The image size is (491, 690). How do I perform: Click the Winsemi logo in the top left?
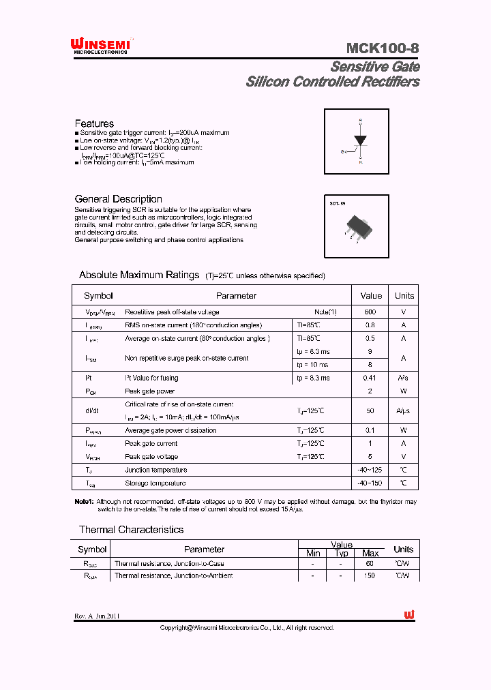click(101, 46)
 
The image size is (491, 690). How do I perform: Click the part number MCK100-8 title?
click(382, 48)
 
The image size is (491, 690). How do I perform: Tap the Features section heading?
click(94, 123)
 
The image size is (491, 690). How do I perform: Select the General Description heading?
click(118, 199)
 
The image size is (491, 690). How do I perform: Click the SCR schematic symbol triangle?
click(359, 140)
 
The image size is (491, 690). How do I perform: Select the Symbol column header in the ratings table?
click(98, 296)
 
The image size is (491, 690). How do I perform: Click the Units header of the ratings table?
click(404, 296)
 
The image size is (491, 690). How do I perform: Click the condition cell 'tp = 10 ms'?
click(313, 365)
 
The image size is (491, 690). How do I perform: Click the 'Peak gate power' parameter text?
click(149, 391)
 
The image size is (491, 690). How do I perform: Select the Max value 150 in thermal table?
click(370, 576)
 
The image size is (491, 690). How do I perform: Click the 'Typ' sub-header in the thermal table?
click(341, 553)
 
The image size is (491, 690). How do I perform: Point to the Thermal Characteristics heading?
click(131, 530)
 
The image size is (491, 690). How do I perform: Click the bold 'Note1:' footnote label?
click(84, 502)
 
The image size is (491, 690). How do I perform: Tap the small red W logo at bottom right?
click(409, 615)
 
